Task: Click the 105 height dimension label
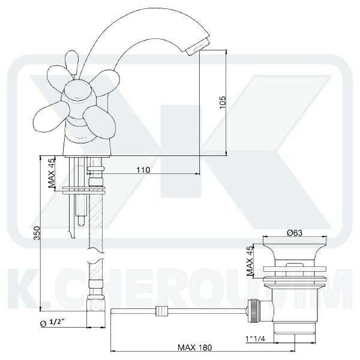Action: (223, 102)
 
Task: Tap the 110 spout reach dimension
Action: (143, 170)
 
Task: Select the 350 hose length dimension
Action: (37, 233)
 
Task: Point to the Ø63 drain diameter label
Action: (295, 233)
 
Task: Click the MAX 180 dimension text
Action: (194, 347)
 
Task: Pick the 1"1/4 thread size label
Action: (255, 338)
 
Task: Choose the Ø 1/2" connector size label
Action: (52, 323)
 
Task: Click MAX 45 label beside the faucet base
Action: (52, 172)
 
